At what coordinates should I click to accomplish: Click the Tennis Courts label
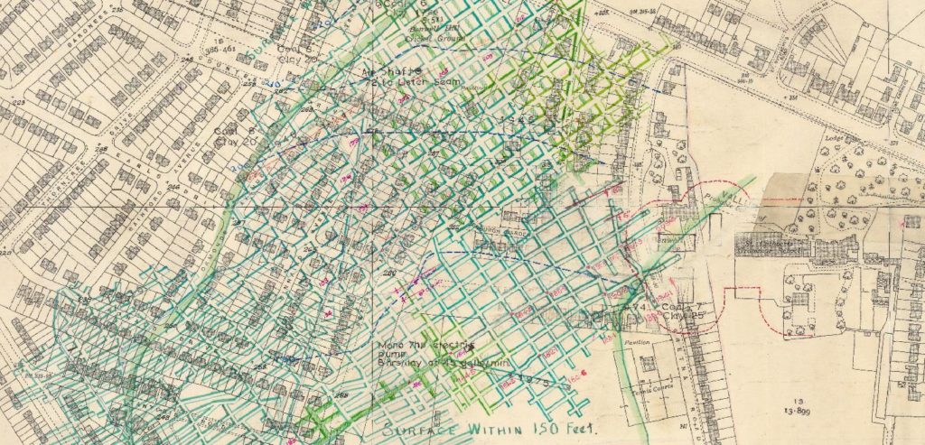click(642, 381)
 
